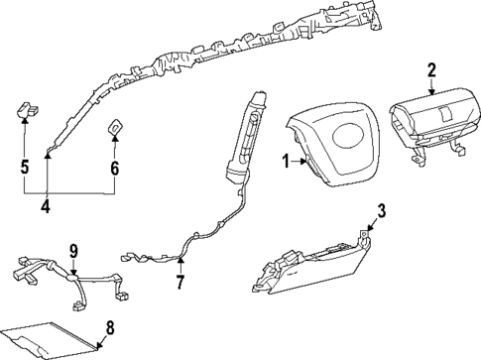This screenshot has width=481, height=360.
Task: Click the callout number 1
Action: coord(284,161)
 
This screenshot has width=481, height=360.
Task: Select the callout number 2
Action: coord(431,68)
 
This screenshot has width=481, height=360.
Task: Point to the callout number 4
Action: coord(45,207)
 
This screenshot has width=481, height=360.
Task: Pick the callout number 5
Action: coord(24,167)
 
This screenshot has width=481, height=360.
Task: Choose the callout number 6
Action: coord(114,168)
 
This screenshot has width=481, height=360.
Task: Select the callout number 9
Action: coord(72,248)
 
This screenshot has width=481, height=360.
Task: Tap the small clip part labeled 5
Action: coord(27,109)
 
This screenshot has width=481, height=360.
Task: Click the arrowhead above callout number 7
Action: coord(180,260)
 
